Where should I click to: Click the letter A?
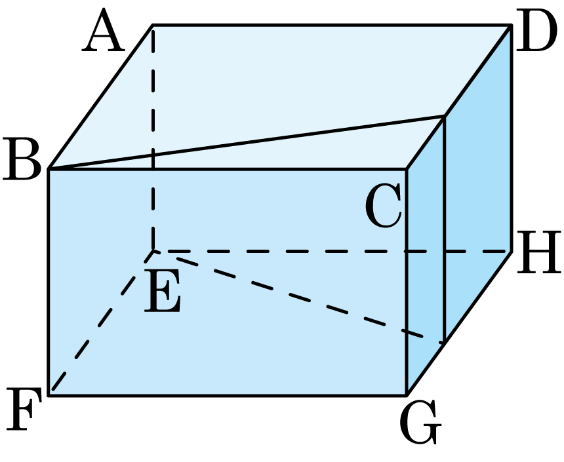(x=103, y=30)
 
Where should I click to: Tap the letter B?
(x=22, y=159)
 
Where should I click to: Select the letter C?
(x=383, y=205)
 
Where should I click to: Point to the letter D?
(x=534, y=31)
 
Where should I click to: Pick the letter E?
(x=162, y=291)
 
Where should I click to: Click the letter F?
(x=24, y=409)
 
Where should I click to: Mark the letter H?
(x=539, y=252)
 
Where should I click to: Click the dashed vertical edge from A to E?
(x=153, y=138)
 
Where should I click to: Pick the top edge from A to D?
(x=332, y=25)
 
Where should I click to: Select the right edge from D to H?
(x=511, y=138)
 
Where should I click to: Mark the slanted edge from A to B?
(x=101, y=97)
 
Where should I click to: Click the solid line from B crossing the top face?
(x=247, y=142)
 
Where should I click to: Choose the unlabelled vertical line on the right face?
(x=445, y=229)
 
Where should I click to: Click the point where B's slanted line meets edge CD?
(x=445, y=116)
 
